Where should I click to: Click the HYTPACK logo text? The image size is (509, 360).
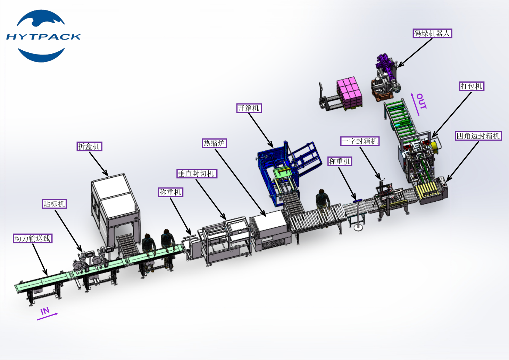[x=43, y=36]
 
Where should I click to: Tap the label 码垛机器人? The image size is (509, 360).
[x=432, y=33]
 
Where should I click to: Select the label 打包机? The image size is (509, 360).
[x=472, y=86]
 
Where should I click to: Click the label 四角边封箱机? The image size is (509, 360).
[x=478, y=136]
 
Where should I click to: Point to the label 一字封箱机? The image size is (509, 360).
[x=360, y=141]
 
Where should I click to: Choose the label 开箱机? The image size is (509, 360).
[x=249, y=108]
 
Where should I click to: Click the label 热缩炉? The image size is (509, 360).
[x=214, y=143]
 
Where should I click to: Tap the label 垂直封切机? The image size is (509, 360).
[x=197, y=174]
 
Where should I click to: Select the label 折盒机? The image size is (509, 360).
[x=89, y=146]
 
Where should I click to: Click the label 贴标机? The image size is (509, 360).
[x=54, y=204]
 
